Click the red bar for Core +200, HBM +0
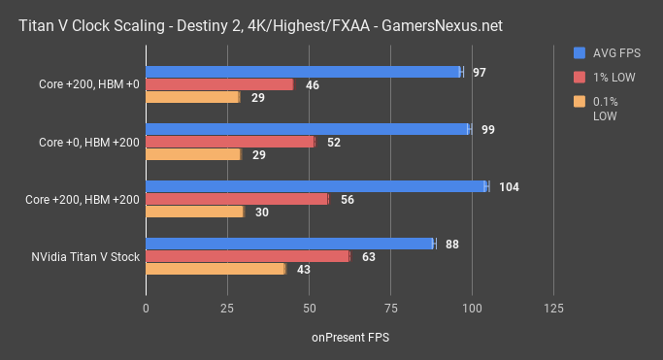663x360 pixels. pos(219,84)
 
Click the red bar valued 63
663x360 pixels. pos(248,256)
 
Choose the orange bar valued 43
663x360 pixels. pos(215,269)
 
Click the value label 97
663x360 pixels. pos(480,73)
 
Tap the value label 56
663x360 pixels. pos(346,200)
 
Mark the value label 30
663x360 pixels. pos(261,213)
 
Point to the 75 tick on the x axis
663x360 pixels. pos(390,308)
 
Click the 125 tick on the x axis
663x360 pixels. pos(553,308)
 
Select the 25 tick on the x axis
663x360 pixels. pos(227,308)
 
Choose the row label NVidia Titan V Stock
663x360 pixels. pos(85,257)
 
